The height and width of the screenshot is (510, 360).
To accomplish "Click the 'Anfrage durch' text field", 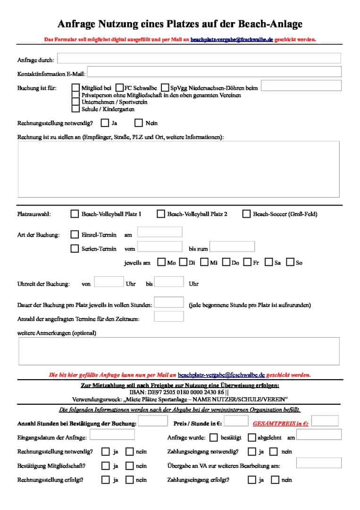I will [x=199, y=59].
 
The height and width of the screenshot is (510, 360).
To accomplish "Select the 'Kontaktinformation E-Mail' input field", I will [x=214, y=72].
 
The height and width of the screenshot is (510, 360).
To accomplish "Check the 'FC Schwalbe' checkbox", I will [x=120, y=88].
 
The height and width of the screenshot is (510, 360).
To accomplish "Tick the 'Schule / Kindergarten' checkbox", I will [x=75, y=109].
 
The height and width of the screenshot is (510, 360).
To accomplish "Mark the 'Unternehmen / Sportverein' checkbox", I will [x=75, y=102].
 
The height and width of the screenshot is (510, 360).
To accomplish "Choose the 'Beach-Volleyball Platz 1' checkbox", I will [x=75, y=214].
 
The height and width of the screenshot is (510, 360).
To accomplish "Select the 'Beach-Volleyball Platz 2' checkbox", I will [x=161, y=214].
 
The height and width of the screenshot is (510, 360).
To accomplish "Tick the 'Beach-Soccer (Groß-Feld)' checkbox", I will [x=246, y=214].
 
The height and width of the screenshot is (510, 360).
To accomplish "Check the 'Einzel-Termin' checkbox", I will [x=75, y=235].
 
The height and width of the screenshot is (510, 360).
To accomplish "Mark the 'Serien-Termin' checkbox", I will [x=75, y=248].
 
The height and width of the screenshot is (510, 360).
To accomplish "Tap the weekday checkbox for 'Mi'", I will [x=204, y=262].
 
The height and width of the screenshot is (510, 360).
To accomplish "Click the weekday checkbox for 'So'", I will [x=291, y=262].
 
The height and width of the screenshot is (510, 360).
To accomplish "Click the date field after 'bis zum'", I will [x=232, y=246].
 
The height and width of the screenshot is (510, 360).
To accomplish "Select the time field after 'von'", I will [x=109, y=282].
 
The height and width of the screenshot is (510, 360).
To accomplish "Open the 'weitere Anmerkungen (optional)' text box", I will [x=179, y=351].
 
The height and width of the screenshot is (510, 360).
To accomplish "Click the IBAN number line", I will [x=179, y=392].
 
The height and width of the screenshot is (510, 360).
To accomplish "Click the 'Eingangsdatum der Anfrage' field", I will [x=112, y=434].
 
